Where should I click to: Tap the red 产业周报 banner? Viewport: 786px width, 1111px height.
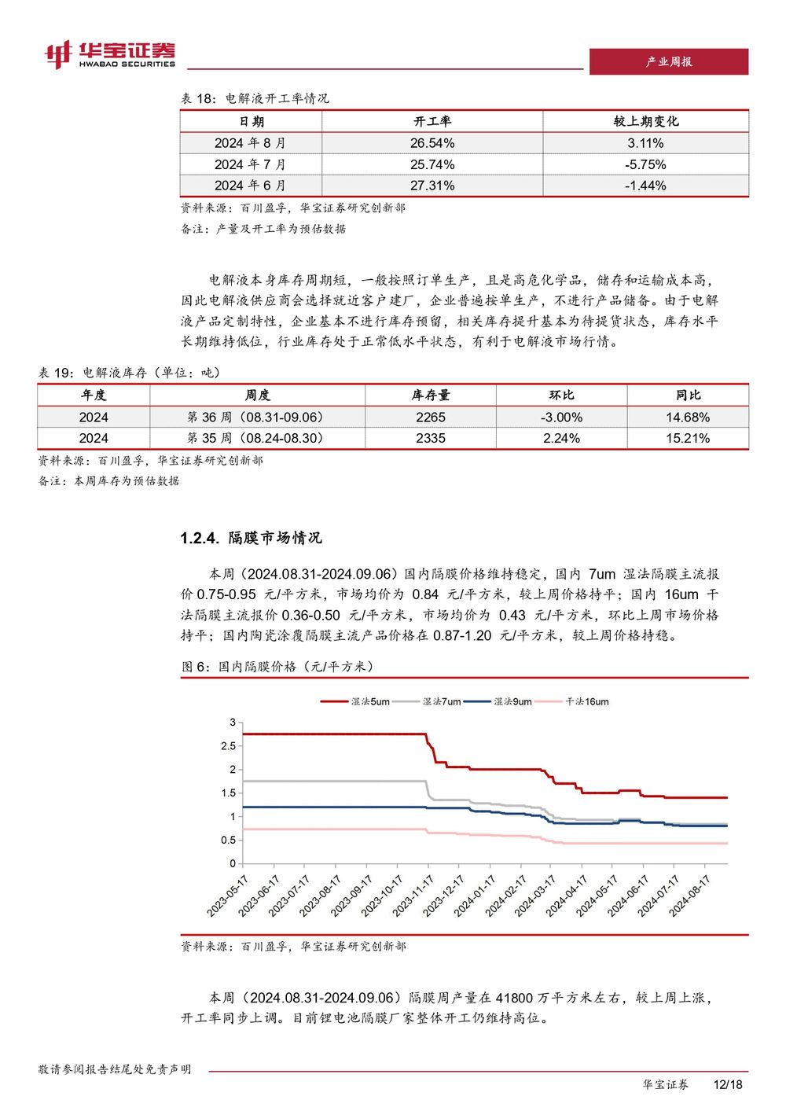(668, 61)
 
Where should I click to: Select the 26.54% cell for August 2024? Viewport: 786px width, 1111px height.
(432, 143)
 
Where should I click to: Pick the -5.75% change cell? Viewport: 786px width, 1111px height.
(645, 164)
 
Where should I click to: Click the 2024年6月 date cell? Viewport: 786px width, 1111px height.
(251, 186)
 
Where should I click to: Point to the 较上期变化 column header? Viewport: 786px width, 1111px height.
(645, 122)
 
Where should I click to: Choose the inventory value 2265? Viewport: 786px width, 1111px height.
(431, 418)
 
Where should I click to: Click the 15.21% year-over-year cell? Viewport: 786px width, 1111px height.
(687, 439)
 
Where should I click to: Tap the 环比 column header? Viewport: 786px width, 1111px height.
(561, 395)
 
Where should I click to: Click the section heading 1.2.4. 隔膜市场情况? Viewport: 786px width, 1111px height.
(251, 538)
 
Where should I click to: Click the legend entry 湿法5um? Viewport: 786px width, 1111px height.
(354, 701)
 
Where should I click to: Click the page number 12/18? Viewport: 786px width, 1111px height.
(728, 1085)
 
